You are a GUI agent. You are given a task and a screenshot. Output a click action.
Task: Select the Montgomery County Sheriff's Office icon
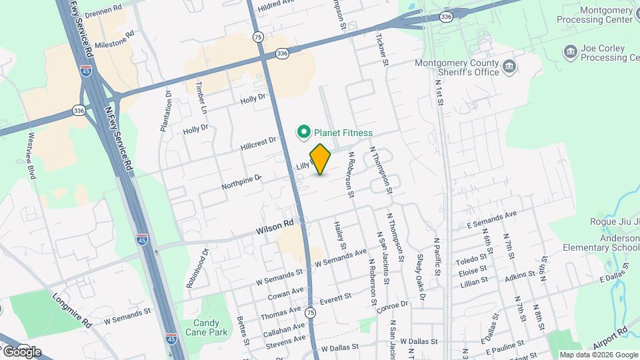pyautogui.click(x=509, y=66)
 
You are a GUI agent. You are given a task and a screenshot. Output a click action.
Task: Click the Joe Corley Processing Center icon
pyautogui.click(x=571, y=52)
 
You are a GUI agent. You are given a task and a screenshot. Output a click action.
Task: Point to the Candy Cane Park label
pyautogui.click(x=201, y=327)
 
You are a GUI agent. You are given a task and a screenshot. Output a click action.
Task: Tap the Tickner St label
pyautogui.click(x=383, y=50)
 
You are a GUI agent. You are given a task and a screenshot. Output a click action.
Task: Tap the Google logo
pyautogui.click(x=22, y=352)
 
